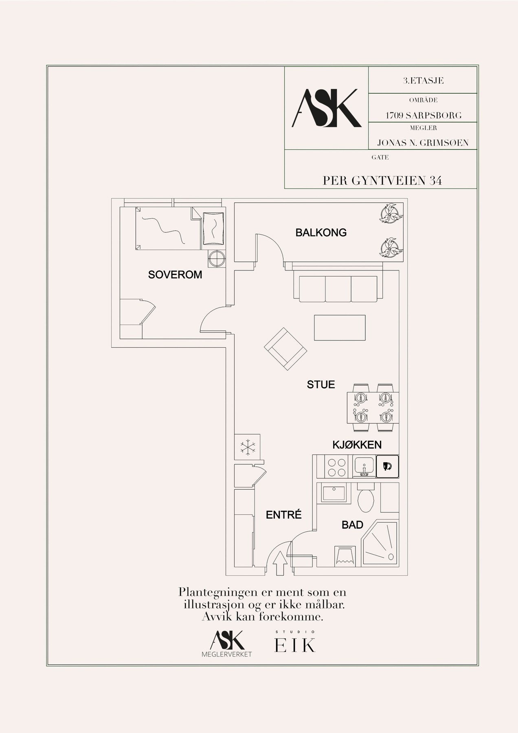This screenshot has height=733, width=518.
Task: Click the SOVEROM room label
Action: [175, 275]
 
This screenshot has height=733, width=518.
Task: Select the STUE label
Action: [321, 384]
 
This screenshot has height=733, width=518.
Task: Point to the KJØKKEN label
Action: [357, 445]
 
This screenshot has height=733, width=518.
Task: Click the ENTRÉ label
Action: [284, 515]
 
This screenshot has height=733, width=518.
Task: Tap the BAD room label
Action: [352, 525]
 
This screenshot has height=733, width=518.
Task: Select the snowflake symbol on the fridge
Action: [247, 447]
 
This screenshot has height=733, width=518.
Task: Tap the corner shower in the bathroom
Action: [379, 544]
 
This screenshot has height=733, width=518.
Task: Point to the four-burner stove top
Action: [337, 467]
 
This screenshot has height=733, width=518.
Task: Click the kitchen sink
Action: [365, 466]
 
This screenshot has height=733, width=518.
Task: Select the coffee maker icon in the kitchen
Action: [387, 466]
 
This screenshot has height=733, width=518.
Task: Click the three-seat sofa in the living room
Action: [338, 288]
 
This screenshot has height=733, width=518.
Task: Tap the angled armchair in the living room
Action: [285, 349]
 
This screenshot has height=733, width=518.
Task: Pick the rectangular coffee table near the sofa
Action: [340, 328]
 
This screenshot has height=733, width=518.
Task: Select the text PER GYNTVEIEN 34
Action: [382, 180]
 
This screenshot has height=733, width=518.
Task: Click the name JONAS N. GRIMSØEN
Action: [423, 143]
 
